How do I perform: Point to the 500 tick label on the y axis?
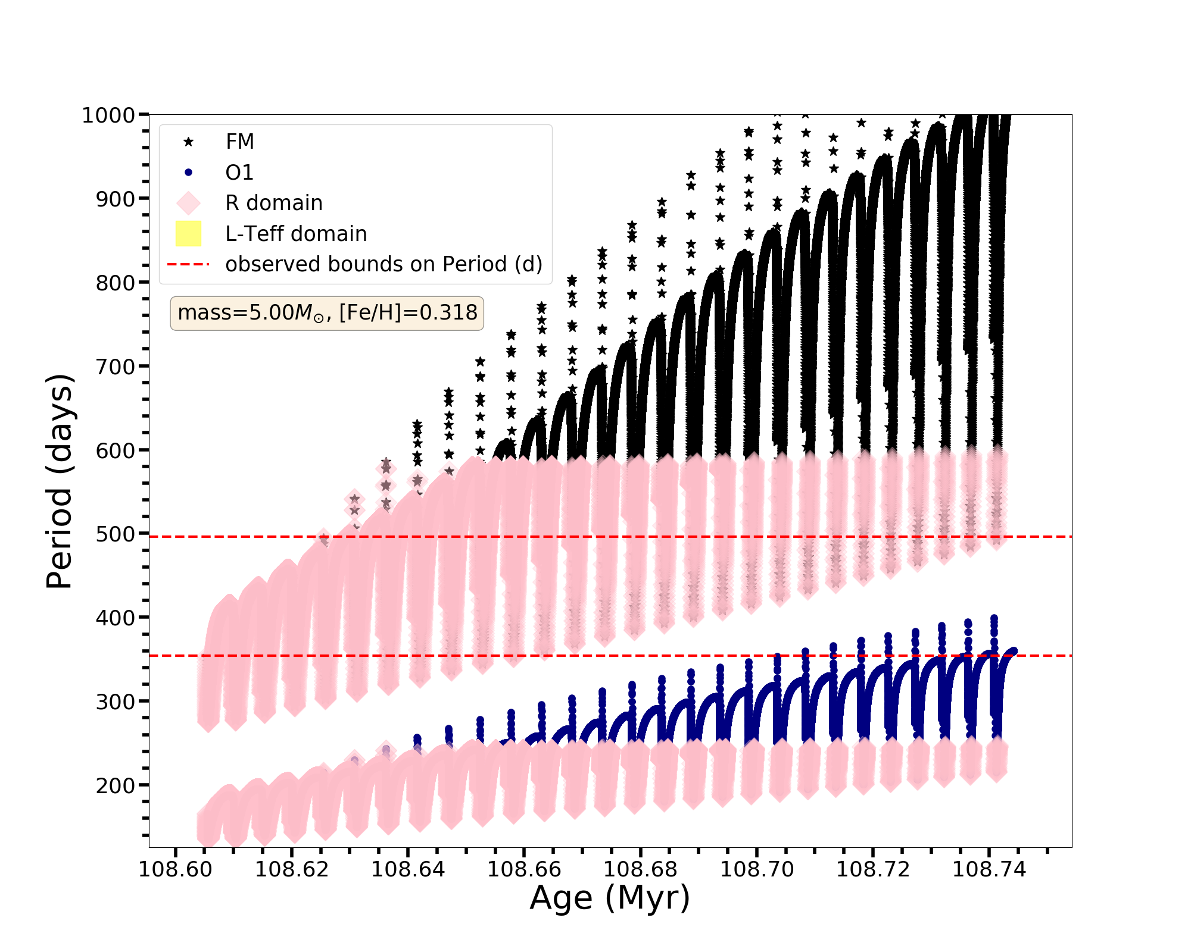(x=115, y=534)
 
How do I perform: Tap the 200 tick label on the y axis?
(x=115, y=786)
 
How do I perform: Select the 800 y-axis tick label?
(x=115, y=283)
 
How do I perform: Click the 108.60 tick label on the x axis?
(x=175, y=869)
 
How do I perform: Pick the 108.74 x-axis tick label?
(x=989, y=869)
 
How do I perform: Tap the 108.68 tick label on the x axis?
(x=640, y=869)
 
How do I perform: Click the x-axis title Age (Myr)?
(x=610, y=898)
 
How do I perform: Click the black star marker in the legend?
(x=188, y=142)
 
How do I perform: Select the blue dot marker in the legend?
(x=188, y=173)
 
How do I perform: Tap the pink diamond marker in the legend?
(x=188, y=203)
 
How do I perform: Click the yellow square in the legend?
(x=188, y=234)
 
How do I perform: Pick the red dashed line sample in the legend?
(x=188, y=264)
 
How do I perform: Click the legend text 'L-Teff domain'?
(x=296, y=234)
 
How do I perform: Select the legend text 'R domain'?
(x=274, y=203)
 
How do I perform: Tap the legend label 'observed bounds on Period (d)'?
(x=384, y=264)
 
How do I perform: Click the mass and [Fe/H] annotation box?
(x=327, y=313)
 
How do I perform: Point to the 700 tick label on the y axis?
(x=115, y=367)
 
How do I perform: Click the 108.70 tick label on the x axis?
(x=757, y=869)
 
